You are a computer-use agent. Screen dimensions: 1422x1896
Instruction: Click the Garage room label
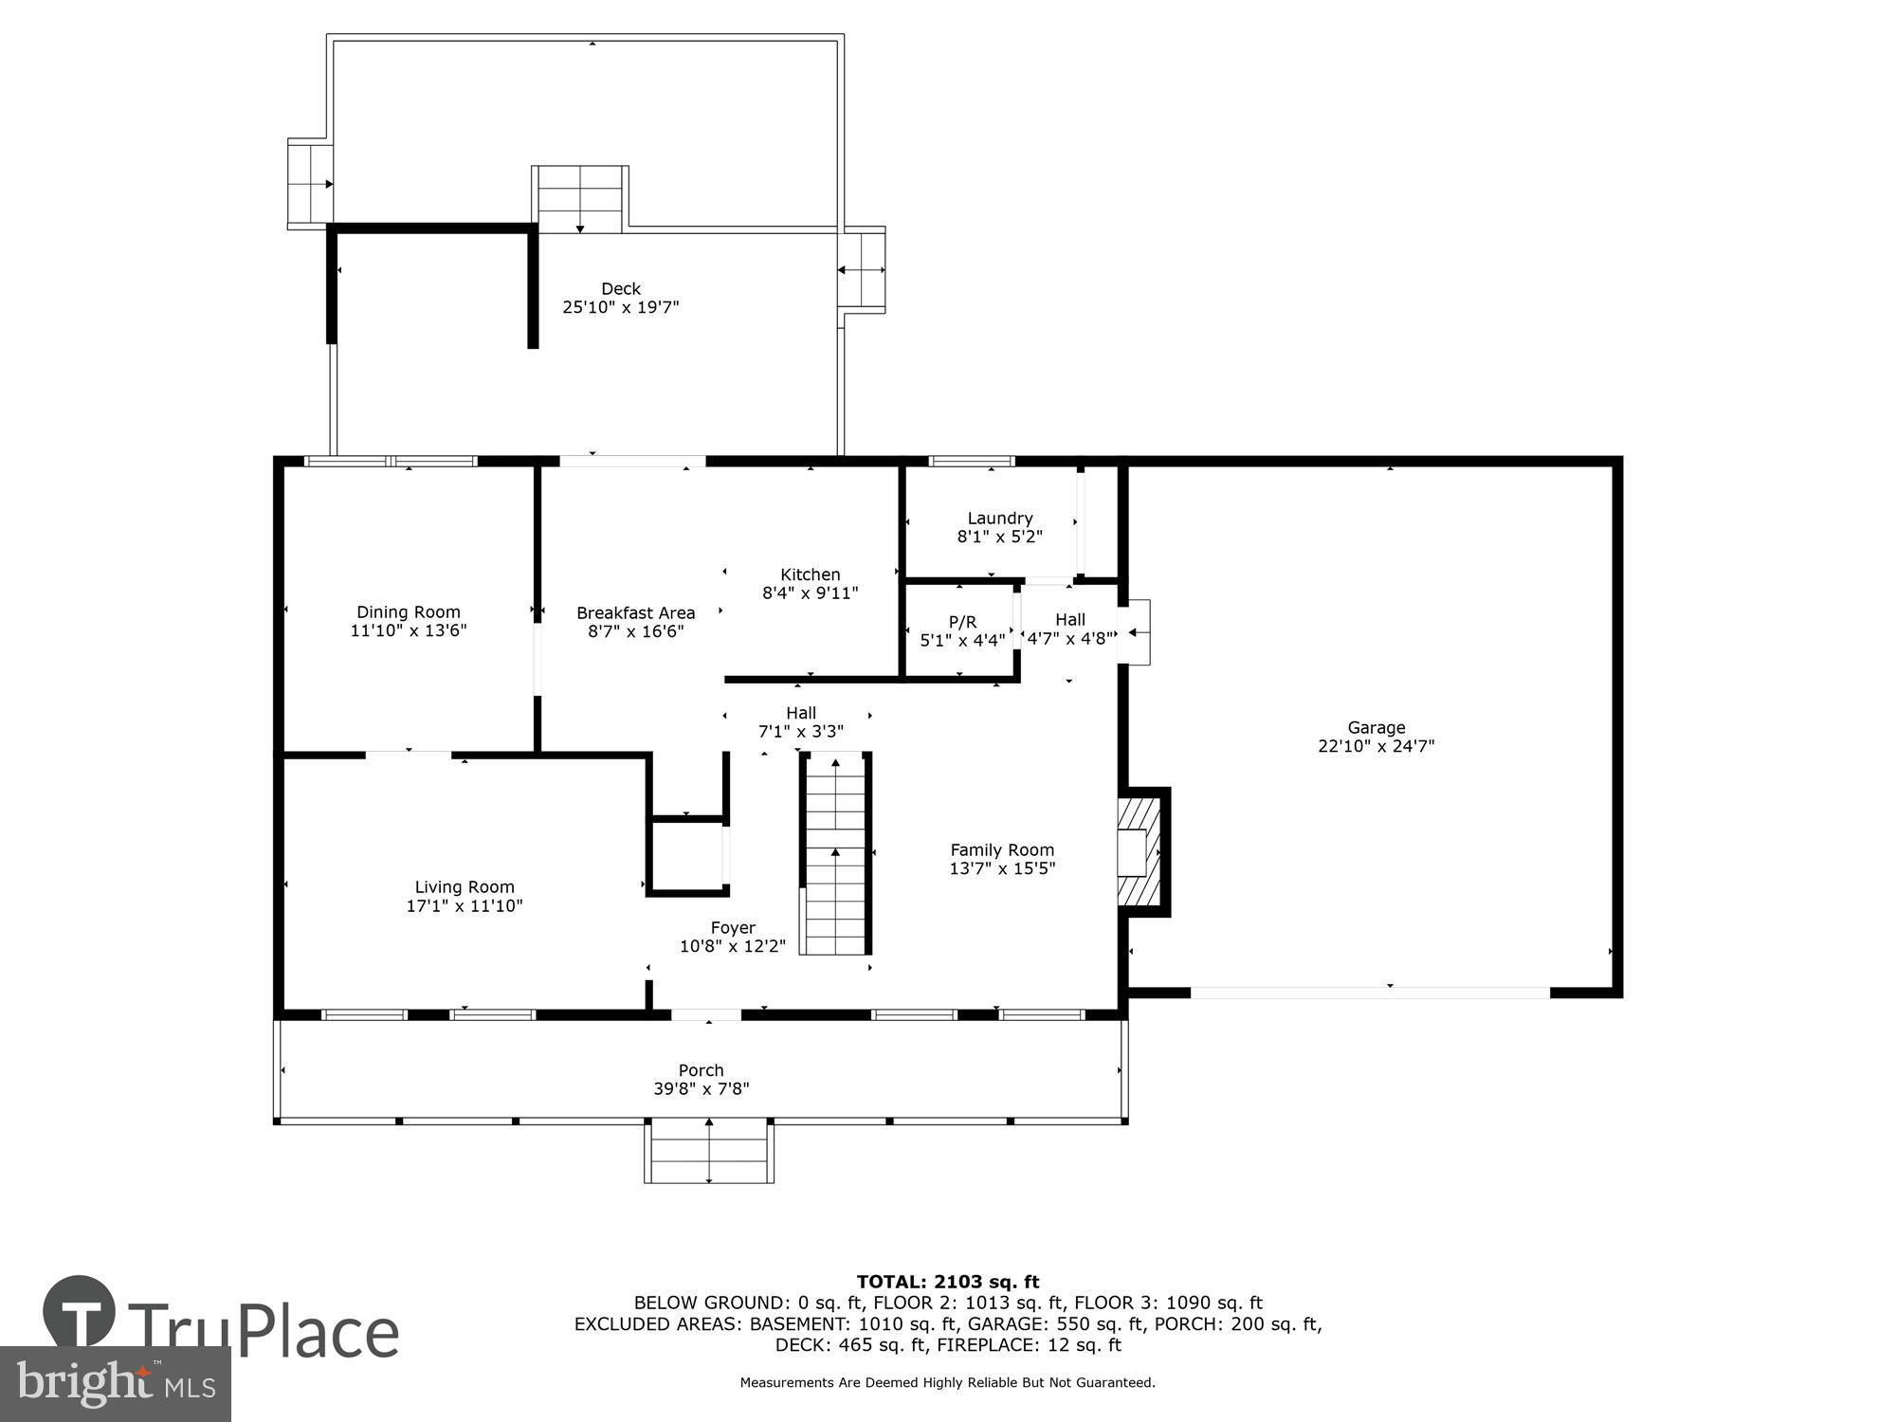(1376, 727)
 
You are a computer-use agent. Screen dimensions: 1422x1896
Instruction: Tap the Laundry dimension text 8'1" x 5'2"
(999, 537)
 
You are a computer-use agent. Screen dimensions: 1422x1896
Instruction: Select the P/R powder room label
(962, 622)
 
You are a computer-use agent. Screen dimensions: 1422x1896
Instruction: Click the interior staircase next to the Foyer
(835, 854)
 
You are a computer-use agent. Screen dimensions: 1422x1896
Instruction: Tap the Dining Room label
(408, 612)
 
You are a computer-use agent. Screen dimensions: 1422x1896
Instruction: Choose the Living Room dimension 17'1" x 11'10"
(465, 906)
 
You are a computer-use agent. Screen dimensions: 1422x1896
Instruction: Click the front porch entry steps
(709, 1151)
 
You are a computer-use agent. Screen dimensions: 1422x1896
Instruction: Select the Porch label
(701, 1070)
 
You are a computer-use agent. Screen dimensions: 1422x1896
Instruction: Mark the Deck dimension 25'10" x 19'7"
(621, 307)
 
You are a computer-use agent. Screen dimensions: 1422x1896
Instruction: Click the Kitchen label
(810, 574)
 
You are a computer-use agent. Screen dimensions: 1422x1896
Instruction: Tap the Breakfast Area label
(635, 613)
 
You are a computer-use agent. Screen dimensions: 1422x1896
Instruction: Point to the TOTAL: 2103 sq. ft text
(947, 1282)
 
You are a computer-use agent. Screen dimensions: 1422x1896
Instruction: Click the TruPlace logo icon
(80, 1313)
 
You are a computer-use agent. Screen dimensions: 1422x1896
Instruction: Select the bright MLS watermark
(115, 1384)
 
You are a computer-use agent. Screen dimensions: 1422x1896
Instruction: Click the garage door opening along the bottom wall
(1370, 993)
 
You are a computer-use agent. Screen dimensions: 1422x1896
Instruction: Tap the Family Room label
(1002, 850)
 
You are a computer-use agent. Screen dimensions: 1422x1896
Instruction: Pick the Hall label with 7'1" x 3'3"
(800, 713)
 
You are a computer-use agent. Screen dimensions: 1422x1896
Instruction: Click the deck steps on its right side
(862, 270)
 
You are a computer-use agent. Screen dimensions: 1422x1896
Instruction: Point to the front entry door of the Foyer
(706, 1015)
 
